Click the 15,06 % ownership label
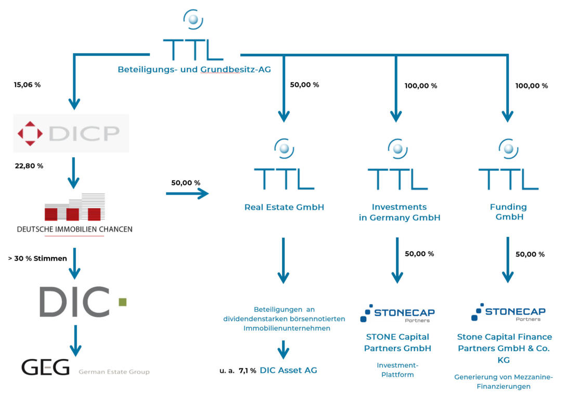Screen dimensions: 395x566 (27, 84)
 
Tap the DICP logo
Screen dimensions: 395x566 (71, 133)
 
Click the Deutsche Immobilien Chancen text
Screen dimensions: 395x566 (74, 229)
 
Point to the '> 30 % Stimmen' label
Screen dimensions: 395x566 (38, 258)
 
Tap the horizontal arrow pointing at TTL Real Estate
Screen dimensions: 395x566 (187, 194)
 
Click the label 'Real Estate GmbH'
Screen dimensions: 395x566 (284, 207)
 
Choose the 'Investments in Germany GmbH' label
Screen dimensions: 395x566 (399, 212)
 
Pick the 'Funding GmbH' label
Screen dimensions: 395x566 (508, 212)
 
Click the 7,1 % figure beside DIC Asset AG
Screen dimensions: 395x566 (247, 371)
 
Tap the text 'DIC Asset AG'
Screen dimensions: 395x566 (288, 370)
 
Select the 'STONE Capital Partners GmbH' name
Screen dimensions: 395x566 (398, 342)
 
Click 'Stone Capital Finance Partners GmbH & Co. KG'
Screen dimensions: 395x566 (505, 348)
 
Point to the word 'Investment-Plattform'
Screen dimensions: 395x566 (397, 369)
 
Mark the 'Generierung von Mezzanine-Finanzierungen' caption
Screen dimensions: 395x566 (504, 381)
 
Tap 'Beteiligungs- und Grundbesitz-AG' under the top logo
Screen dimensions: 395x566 (194, 69)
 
